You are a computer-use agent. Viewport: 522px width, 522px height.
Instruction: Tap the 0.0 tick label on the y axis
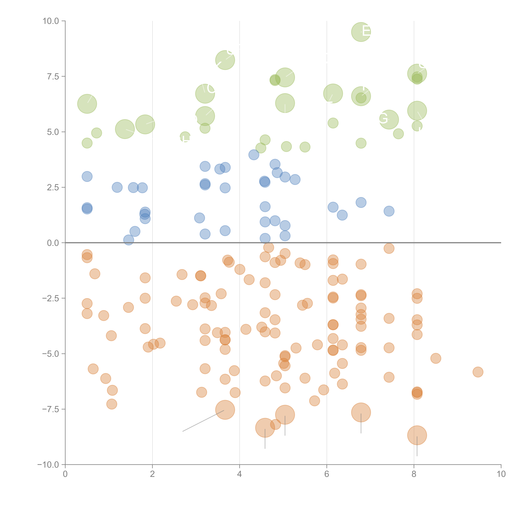tap(53, 243)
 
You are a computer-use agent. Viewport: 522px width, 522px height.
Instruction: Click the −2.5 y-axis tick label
tap(51, 298)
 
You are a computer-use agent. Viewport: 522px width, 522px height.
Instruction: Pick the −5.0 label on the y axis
tap(51, 354)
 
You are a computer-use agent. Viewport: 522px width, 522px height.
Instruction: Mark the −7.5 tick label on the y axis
tap(51, 409)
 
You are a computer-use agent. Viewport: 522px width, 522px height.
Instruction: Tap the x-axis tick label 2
tap(152, 474)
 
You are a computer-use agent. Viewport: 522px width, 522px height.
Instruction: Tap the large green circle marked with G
tap(389, 119)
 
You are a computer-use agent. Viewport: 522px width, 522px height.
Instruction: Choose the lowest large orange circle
tap(417, 435)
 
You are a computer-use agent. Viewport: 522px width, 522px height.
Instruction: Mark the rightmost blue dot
tap(389, 211)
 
